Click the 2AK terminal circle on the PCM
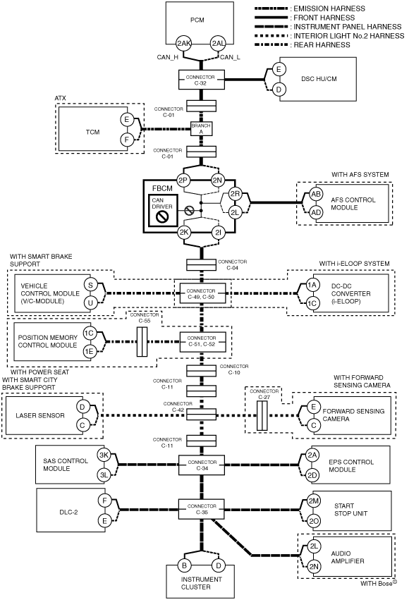(x=183, y=44)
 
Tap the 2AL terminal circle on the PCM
(x=219, y=44)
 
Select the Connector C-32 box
(x=201, y=80)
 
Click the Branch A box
(x=201, y=128)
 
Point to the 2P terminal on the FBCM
(x=183, y=180)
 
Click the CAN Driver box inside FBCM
(x=163, y=210)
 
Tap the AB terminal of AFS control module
(x=316, y=194)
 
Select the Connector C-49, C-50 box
(x=202, y=293)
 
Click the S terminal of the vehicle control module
(x=90, y=285)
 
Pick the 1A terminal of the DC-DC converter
(x=312, y=285)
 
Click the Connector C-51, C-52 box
(x=202, y=341)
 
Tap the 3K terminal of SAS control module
(x=104, y=455)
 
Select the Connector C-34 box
(x=202, y=465)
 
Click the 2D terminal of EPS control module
(x=312, y=475)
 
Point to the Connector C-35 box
(x=202, y=509)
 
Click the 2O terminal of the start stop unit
(x=314, y=521)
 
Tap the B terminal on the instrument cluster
(x=184, y=565)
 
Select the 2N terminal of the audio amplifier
(x=314, y=566)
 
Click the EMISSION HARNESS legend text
(x=329, y=8)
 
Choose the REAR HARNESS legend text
(x=322, y=44)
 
